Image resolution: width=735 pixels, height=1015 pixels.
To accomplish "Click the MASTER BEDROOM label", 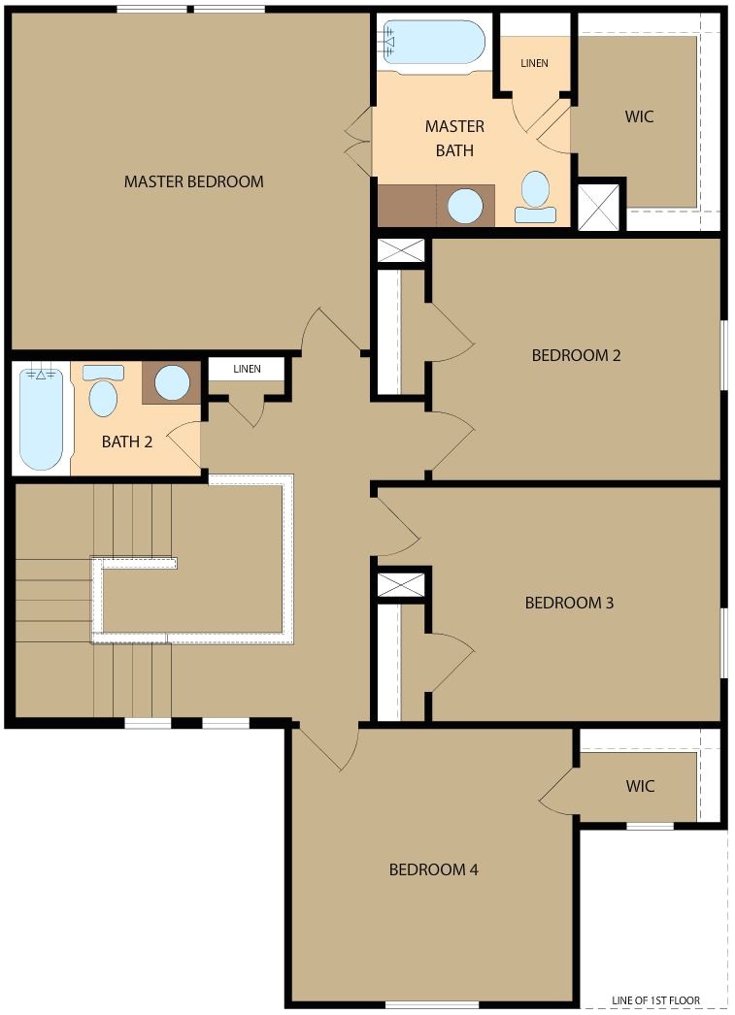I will pyautogui.click(x=193, y=181).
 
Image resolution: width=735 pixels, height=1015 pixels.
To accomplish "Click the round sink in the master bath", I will pyautogui.click(x=464, y=206).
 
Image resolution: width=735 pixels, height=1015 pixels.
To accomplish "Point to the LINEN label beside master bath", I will pyautogui.click(x=534, y=64).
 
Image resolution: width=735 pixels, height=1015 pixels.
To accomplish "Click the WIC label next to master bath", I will pyautogui.click(x=639, y=116).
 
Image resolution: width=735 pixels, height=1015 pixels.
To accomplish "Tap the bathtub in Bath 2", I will pyautogui.click(x=41, y=417).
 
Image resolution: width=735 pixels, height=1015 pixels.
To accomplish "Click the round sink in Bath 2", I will pyautogui.click(x=173, y=382).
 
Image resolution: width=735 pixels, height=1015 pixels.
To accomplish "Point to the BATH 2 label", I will pyautogui.click(x=127, y=442).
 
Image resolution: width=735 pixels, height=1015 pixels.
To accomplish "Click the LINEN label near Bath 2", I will pyautogui.click(x=247, y=369).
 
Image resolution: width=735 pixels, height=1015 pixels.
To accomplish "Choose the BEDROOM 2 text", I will pyautogui.click(x=576, y=355).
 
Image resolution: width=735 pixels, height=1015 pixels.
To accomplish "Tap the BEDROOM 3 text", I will pyautogui.click(x=569, y=603).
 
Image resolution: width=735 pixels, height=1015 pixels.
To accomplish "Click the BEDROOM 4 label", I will pyautogui.click(x=433, y=869).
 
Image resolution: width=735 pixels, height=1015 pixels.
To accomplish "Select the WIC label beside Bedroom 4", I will pyautogui.click(x=640, y=786).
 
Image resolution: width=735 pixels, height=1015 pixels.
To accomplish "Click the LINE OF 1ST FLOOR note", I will pyautogui.click(x=655, y=1000).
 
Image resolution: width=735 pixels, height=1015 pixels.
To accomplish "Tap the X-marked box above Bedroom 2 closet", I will pyautogui.click(x=401, y=250).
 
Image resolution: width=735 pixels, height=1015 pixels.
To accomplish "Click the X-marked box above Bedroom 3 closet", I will pyautogui.click(x=401, y=585).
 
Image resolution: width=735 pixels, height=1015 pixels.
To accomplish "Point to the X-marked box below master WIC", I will pyautogui.click(x=598, y=206).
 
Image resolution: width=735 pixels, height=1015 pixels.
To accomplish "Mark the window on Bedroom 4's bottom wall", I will pyautogui.click(x=418, y=1004).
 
